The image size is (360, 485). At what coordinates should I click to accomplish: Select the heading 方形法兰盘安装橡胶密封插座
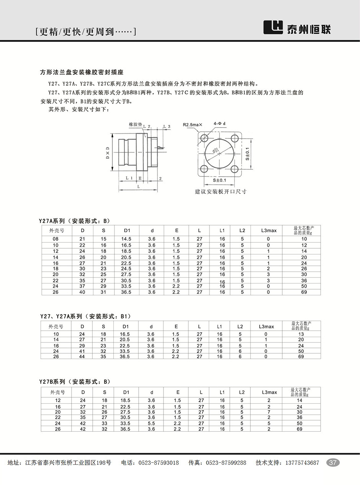click(x=82, y=72)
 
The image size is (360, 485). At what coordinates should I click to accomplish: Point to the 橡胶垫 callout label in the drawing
click(x=135, y=125)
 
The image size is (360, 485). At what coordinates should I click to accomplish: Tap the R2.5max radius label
click(x=195, y=125)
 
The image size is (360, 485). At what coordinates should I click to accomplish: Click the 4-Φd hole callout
click(x=220, y=124)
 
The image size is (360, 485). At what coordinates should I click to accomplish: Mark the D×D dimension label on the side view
click(x=108, y=153)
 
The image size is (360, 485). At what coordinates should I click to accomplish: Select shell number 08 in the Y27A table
click(x=56, y=239)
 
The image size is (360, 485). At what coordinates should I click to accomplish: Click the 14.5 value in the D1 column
click(x=126, y=239)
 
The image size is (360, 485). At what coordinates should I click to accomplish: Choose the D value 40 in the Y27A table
click(x=82, y=292)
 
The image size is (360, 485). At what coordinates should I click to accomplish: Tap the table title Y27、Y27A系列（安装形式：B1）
click(x=86, y=316)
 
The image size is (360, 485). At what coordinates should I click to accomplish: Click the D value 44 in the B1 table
click(x=82, y=357)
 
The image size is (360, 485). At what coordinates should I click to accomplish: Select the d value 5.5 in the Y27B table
click(x=152, y=424)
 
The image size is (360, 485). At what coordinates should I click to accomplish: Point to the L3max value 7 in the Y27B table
click(x=269, y=412)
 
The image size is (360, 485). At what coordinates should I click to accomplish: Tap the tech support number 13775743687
click(x=302, y=463)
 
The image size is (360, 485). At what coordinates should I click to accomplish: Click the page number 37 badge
click(x=333, y=462)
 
